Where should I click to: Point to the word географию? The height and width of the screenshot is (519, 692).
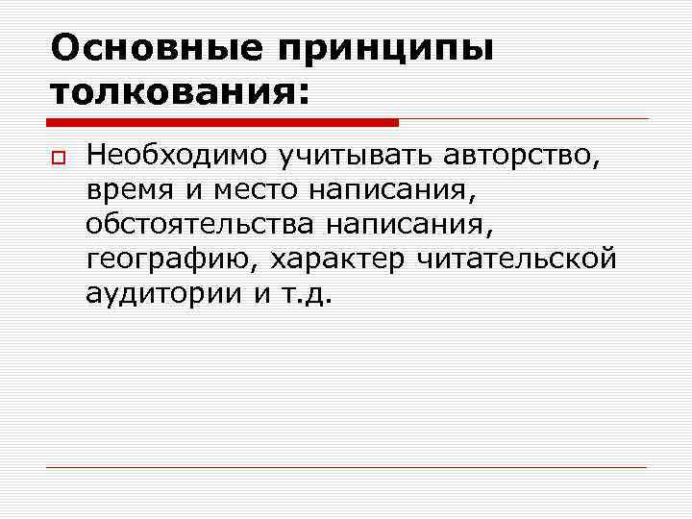pos(171,259)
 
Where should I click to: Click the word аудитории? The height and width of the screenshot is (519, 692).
pos(163,294)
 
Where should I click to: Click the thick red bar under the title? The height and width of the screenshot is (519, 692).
pos(222,122)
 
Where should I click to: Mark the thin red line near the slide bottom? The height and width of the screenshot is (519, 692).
pos(346,467)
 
